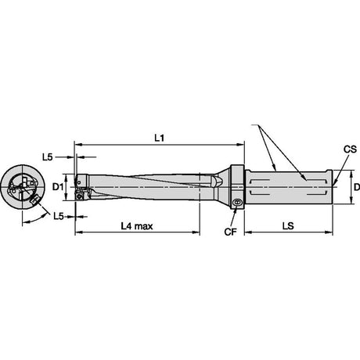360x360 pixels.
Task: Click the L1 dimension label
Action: click(x=159, y=138)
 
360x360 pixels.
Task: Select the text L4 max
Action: click(x=137, y=226)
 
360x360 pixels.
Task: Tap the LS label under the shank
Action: click(x=288, y=226)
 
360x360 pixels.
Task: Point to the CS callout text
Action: click(x=350, y=149)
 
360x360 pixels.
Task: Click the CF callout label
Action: click(x=230, y=232)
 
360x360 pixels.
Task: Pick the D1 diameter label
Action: click(x=58, y=187)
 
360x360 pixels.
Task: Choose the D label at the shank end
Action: click(x=357, y=187)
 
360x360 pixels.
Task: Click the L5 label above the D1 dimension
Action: click(x=48, y=157)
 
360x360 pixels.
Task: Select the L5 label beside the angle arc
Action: click(x=59, y=216)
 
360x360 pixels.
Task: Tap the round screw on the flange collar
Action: click(x=237, y=202)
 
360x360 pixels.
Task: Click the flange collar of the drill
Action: click(x=237, y=187)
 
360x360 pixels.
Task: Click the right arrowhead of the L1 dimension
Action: click(x=241, y=144)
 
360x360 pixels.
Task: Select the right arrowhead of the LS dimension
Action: click(x=329, y=232)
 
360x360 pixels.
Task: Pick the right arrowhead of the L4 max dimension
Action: click(x=196, y=232)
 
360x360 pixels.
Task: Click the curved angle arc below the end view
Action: click(x=34, y=219)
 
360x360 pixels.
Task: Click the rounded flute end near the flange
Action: click(x=218, y=181)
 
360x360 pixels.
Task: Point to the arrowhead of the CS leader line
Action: click(x=335, y=184)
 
